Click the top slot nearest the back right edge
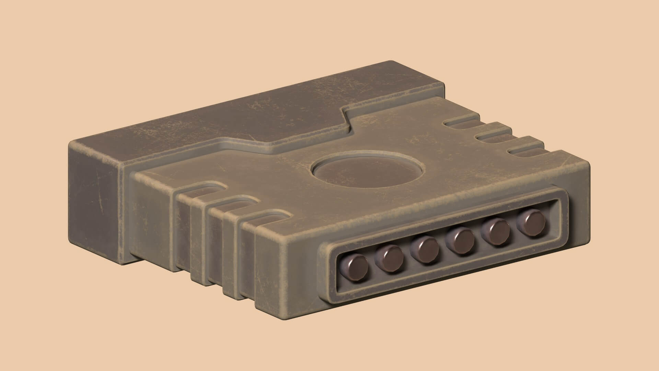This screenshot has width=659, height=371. [x=460, y=122]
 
